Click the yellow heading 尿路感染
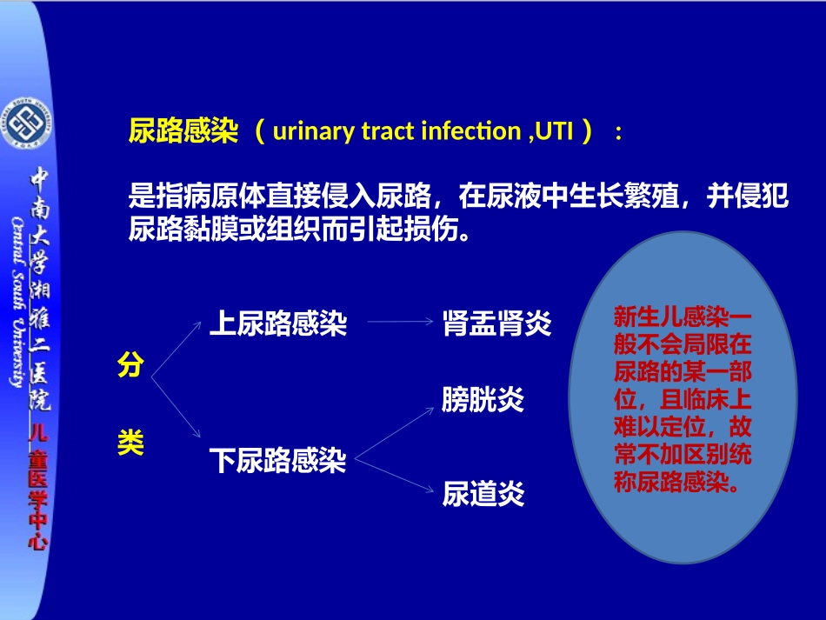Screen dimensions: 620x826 click(x=183, y=132)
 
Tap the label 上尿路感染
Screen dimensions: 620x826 click(x=277, y=324)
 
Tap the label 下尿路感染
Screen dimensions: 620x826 click(x=277, y=460)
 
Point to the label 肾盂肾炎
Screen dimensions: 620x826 click(x=496, y=323)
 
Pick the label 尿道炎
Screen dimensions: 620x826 click(x=483, y=494)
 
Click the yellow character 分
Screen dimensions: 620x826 click(x=130, y=366)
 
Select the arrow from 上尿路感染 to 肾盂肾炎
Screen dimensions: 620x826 click(x=400, y=323)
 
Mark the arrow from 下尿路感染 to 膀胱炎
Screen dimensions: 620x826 click(x=396, y=431)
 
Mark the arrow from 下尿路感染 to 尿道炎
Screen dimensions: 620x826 click(x=396, y=474)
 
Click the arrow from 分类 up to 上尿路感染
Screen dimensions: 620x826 click(x=177, y=350)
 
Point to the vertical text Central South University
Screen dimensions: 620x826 click(x=18, y=301)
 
